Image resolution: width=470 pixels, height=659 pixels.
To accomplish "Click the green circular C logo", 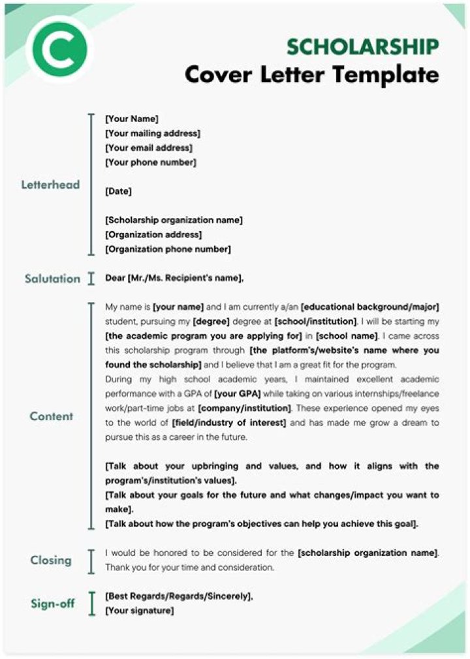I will coord(58,50).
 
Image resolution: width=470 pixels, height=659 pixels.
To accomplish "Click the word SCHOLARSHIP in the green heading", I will coord(362,47).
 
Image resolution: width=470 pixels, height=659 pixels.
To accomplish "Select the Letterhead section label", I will coord(50,185).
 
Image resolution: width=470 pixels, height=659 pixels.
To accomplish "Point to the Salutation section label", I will coord(53,279).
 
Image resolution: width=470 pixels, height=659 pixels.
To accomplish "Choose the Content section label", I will coord(51,416).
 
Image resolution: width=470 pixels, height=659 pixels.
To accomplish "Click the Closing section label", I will coord(51,560).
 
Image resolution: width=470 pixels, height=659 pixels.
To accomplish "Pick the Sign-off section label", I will coord(53,604).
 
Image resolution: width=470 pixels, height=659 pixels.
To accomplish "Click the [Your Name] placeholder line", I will coord(131,119).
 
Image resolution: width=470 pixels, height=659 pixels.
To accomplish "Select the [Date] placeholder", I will coord(118,191).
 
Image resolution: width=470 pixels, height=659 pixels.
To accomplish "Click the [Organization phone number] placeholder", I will coord(168,249).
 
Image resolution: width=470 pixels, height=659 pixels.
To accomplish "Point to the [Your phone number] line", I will coord(150,162).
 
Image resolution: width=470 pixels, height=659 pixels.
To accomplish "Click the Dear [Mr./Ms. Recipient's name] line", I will coord(174,279).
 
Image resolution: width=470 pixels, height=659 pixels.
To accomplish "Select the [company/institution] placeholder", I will coord(244,408).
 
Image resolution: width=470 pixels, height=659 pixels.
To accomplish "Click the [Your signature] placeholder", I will coord(139,611).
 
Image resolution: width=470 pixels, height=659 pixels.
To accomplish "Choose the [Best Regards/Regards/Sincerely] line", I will coord(179,596).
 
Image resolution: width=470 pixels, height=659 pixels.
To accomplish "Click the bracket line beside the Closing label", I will coord(91,560).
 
